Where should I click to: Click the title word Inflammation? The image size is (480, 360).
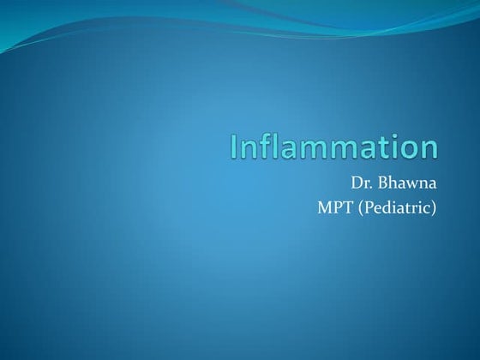coord(334,146)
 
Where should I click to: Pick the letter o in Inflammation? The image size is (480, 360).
coord(409,149)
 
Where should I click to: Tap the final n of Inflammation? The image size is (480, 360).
coord(429,149)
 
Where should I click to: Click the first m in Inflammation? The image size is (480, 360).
coord(316,149)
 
